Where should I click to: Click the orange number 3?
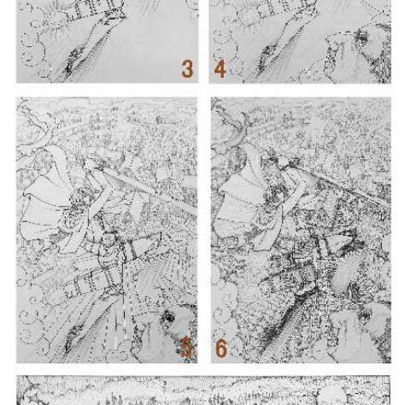point(187,69)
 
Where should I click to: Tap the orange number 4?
point(220,69)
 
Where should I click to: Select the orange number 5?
point(186,347)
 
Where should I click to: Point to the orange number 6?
point(221,349)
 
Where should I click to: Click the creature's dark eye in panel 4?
point(362,38)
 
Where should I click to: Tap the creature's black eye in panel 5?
point(168,317)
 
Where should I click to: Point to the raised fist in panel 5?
point(91,165)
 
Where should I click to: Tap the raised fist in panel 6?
point(285,162)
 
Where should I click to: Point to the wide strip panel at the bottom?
point(203,390)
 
